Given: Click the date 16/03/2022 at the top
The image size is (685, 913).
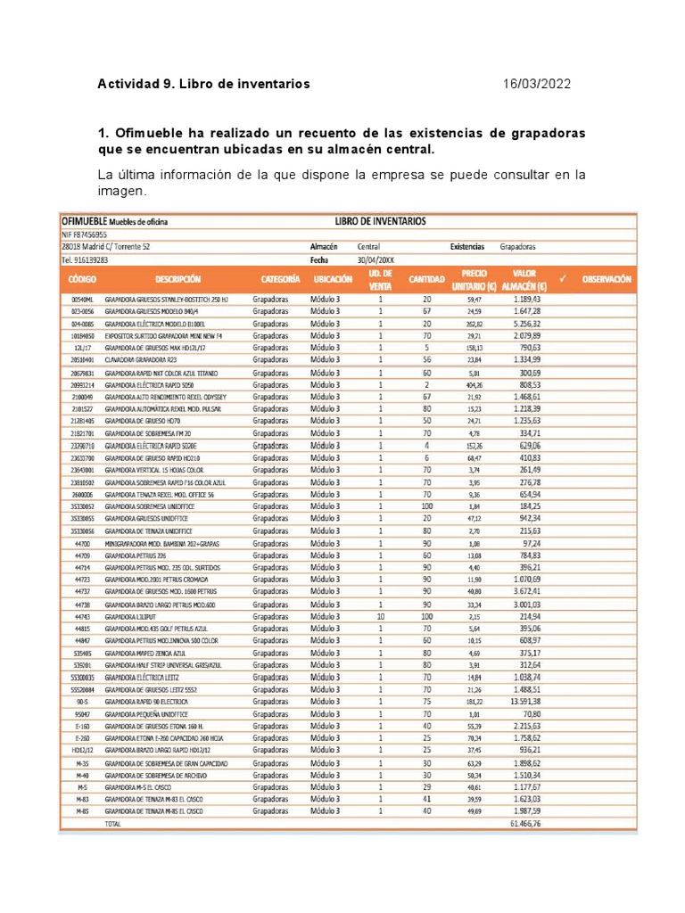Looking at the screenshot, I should [537, 84].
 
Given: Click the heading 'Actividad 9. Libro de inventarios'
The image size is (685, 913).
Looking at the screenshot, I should [204, 84].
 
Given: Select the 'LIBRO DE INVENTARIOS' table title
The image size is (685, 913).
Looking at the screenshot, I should [381, 220].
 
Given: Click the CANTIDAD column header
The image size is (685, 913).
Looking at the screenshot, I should [426, 279].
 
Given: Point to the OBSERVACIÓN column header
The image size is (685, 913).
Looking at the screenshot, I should [606, 279].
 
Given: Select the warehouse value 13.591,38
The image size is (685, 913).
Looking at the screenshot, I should [532, 701].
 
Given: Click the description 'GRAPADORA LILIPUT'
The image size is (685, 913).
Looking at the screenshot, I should [130, 616].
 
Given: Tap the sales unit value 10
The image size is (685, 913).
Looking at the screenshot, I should [380, 616].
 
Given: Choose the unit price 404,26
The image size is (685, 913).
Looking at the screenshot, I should [474, 384].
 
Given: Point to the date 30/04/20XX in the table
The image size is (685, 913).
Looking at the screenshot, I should [376, 259].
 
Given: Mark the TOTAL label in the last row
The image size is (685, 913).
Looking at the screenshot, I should [113, 825].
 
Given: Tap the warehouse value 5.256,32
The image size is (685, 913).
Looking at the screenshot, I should [532, 324].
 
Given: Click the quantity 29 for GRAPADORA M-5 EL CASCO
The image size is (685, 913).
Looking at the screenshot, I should [426, 787].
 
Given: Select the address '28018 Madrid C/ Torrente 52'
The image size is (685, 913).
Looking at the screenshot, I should [105, 246].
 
